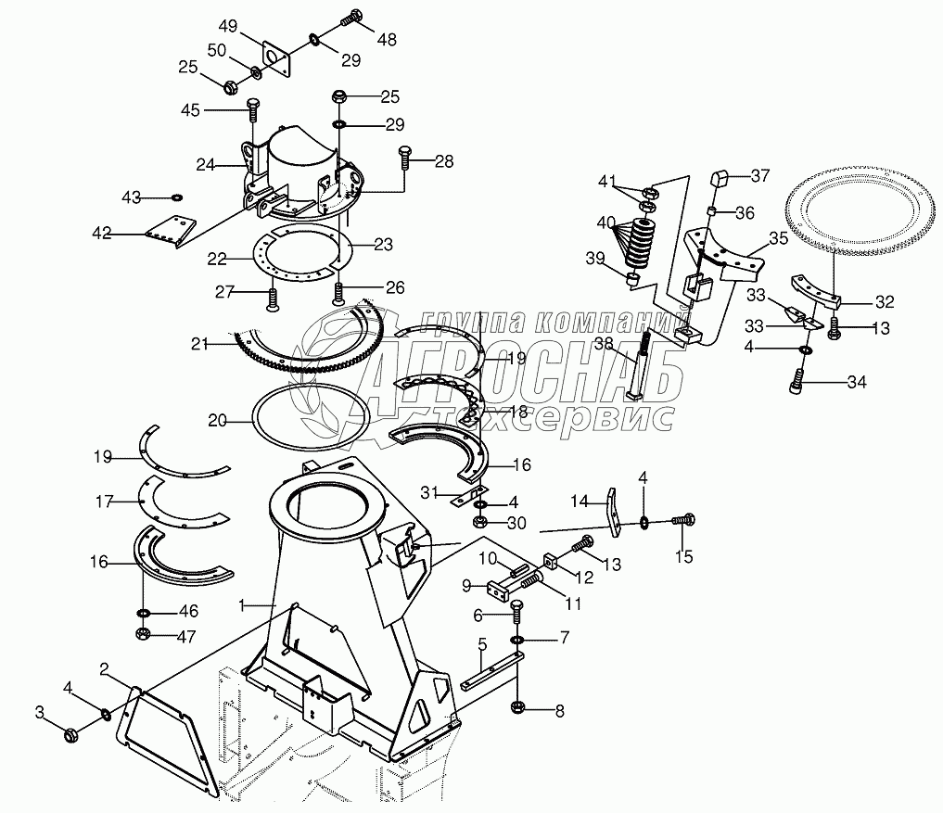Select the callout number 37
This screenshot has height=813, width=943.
click(x=760, y=175)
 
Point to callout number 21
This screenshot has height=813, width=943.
click(x=199, y=343)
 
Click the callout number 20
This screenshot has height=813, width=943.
click(x=217, y=420)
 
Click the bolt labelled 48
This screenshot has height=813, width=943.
click(x=352, y=16)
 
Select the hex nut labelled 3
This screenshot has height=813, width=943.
click(x=70, y=735)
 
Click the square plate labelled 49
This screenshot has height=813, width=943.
click(x=275, y=58)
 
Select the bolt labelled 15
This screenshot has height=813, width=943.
click(x=683, y=521)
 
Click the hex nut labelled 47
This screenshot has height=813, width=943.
click(x=144, y=634)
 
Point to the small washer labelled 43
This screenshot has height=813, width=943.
click(x=176, y=197)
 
